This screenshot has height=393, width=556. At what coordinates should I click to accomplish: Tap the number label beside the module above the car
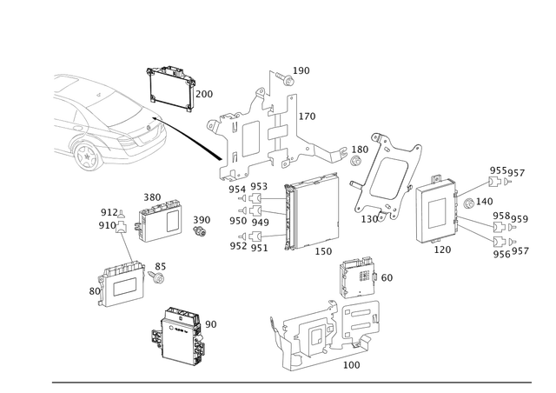206,92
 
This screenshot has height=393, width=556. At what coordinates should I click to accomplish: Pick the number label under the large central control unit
323,251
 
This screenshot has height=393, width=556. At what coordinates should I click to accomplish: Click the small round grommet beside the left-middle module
199,231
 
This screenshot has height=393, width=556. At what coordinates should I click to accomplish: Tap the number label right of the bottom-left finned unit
211,323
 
